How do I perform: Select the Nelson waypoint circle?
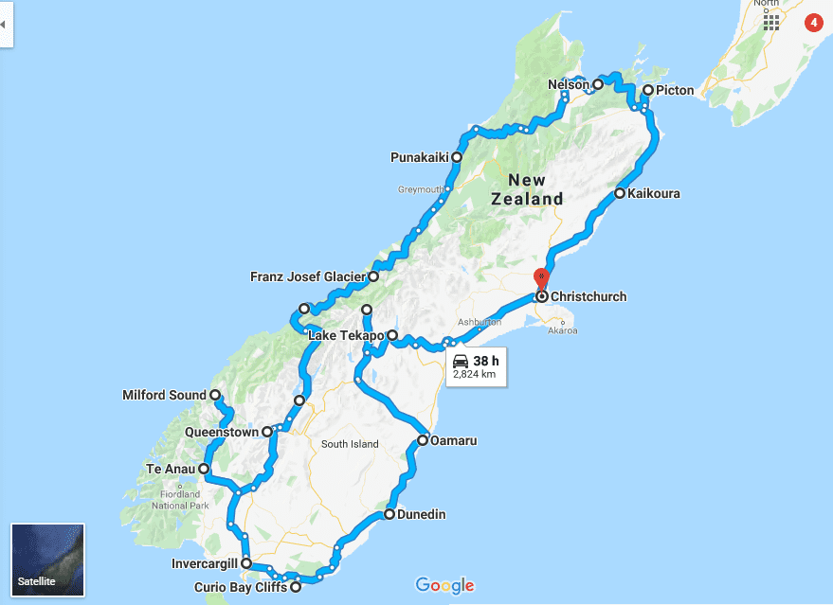click(598, 84)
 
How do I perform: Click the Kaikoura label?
click(654, 194)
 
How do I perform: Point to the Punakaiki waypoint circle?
click(457, 157)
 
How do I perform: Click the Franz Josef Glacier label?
click(308, 277)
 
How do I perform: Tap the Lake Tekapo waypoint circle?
click(391, 335)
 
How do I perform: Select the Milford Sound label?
click(165, 395)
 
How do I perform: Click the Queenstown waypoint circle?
click(267, 432)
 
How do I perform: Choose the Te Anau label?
click(171, 469)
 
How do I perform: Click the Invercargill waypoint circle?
click(246, 563)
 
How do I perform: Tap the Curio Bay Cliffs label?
click(240, 587)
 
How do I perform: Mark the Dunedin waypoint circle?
click(389, 515)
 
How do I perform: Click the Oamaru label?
click(453, 441)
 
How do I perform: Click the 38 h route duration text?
click(485, 361)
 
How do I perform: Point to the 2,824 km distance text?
click(475, 375)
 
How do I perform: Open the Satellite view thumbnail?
click(47, 560)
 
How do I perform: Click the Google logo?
click(444, 585)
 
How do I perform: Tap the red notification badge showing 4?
click(812, 22)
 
